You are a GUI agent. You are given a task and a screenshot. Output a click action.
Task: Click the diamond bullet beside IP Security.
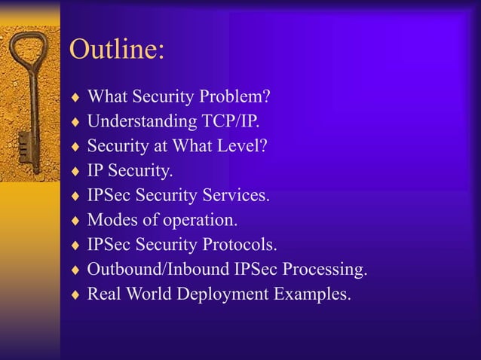coord(74,172)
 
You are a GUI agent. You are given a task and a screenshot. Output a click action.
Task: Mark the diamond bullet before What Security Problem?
coord(74,98)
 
